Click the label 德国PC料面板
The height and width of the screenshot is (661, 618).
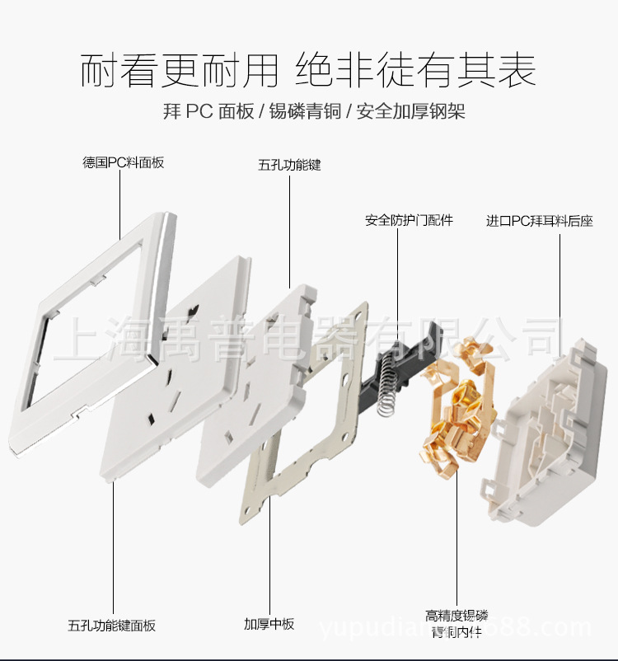(124, 162)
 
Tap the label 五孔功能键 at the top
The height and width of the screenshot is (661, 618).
(289, 165)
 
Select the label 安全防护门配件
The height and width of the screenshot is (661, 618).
(410, 220)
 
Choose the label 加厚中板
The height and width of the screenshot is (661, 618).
(269, 624)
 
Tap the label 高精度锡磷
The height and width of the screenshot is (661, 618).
(456, 616)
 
